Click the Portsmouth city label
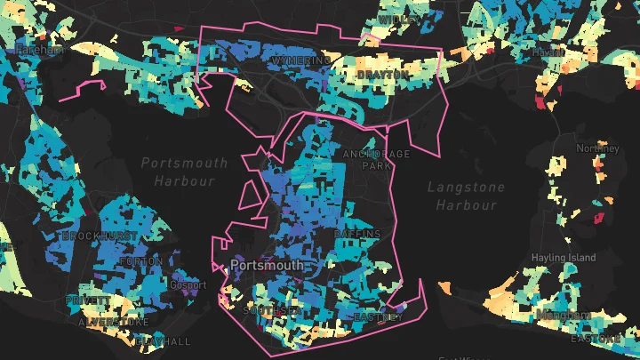[x=267, y=265]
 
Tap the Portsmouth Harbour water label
[x=184, y=172]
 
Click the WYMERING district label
[x=300, y=60]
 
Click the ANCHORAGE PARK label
[x=377, y=159]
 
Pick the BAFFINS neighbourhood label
[x=357, y=234]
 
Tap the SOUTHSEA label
[x=269, y=311]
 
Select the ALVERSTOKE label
[x=114, y=322]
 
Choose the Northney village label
[x=597, y=148]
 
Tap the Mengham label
[x=563, y=316]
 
